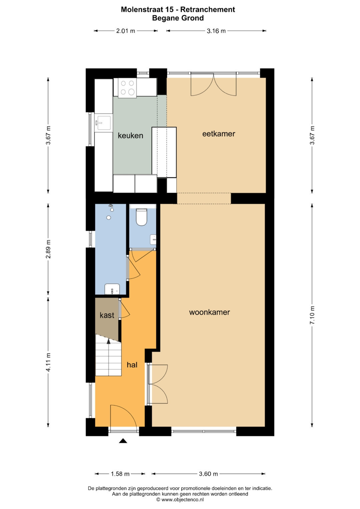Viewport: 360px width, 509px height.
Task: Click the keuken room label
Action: point(130,136)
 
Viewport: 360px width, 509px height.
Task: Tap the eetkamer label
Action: point(219,134)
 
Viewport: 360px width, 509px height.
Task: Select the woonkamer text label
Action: point(209,312)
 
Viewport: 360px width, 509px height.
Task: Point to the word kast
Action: point(107,315)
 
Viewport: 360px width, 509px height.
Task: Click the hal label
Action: point(132,365)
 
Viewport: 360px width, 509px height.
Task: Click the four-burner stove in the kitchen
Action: point(127,88)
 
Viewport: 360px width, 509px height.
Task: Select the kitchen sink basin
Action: point(104,123)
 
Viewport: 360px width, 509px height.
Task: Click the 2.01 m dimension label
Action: point(126,31)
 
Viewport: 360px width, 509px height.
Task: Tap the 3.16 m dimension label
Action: point(216,31)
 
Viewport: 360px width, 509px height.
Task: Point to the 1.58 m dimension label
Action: point(120,474)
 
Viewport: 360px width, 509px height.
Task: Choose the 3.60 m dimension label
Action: point(208,474)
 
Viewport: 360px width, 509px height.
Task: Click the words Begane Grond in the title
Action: point(178,18)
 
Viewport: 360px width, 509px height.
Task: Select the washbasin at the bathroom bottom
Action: point(112,289)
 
